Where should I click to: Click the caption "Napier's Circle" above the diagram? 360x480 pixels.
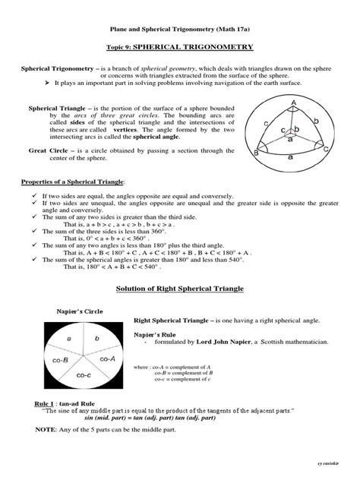(81, 311)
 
